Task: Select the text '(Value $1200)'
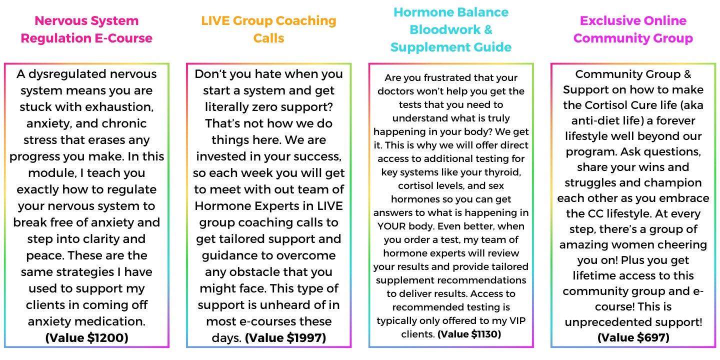[x=87, y=338]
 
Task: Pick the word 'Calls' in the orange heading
[x=268, y=38]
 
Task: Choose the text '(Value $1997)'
[x=285, y=338]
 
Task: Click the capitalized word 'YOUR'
[x=391, y=226]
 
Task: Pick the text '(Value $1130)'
[x=469, y=334]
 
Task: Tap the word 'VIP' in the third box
[x=517, y=321]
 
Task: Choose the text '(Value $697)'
[x=633, y=337]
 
